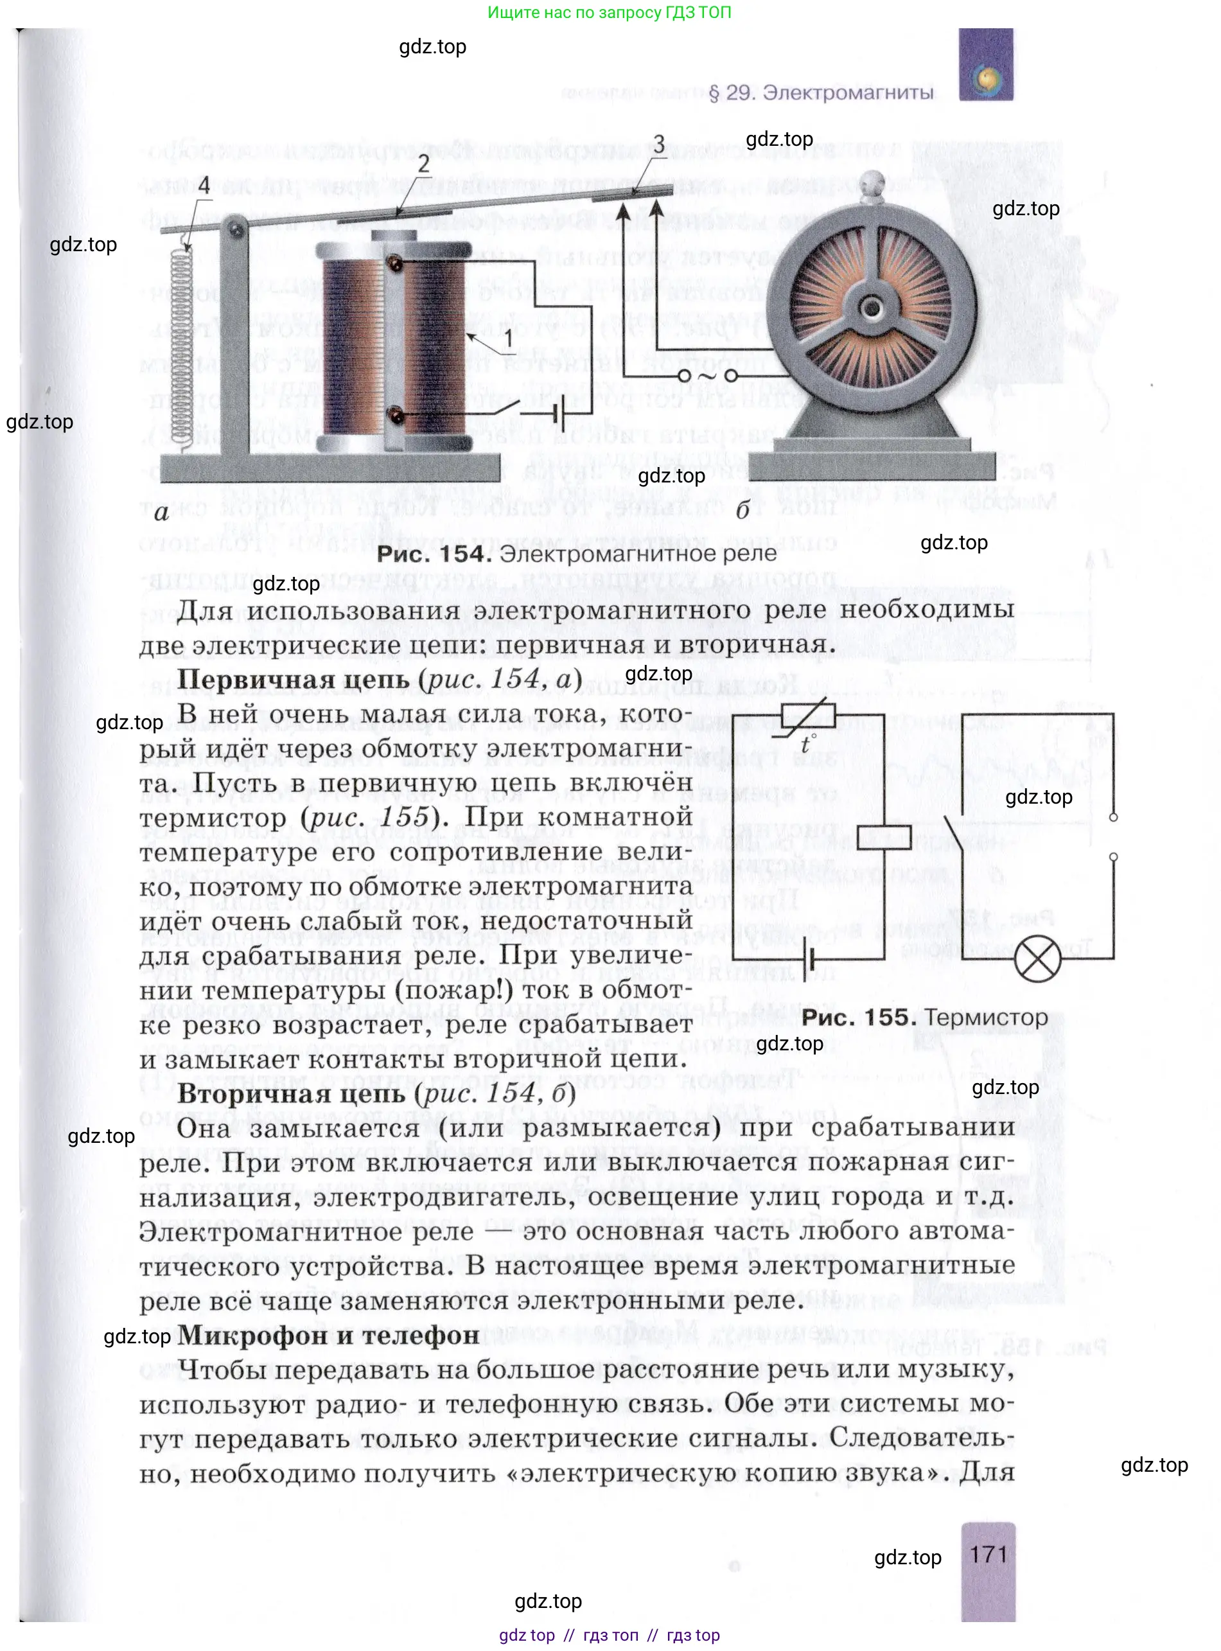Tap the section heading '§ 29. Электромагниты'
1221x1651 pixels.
tap(820, 93)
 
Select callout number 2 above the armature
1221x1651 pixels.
tap(423, 163)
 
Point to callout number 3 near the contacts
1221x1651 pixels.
tap(658, 143)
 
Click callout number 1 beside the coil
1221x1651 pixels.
tap(508, 339)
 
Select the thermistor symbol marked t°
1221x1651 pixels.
tap(809, 718)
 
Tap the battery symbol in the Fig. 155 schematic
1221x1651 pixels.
tap(811, 959)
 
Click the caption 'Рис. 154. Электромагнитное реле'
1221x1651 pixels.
tap(577, 554)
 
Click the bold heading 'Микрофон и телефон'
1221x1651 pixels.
tap(328, 1336)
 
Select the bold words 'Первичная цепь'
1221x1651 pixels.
tap(293, 679)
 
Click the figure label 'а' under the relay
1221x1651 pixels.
tap(162, 512)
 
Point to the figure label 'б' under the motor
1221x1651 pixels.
tap(742, 509)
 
